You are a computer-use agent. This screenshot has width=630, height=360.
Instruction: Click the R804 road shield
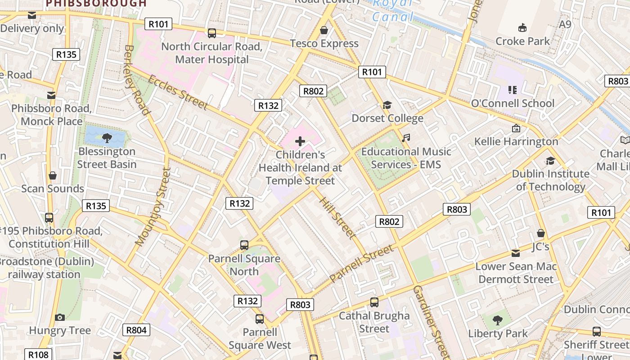coord(136,330)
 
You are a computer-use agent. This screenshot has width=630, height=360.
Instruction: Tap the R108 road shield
coord(38,355)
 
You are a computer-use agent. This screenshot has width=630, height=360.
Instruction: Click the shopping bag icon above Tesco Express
coord(324,31)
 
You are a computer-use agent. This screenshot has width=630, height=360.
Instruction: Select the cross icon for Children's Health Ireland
coord(300,142)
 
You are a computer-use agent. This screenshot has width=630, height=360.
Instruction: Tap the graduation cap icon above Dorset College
coord(387,105)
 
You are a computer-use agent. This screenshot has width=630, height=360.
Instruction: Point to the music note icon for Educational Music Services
coord(406,138)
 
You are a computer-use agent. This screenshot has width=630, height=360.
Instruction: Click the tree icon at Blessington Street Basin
coord(107,138)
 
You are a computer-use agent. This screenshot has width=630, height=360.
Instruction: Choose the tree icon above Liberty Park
coord(497,320)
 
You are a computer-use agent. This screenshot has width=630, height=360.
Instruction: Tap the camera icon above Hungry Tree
coord(60,317)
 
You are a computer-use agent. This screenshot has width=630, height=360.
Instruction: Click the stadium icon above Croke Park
coord(522,28)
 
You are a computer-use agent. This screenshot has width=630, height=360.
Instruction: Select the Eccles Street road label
coord(178,92)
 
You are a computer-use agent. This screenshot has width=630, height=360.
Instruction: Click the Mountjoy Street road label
coord(153,207)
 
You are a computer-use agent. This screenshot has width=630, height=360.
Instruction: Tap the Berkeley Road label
coord(136,80)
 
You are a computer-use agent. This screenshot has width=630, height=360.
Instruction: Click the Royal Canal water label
coord(393,10)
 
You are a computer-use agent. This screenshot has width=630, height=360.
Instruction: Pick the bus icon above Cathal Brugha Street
coord(374,302)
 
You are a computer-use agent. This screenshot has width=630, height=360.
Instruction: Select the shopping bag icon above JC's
coord(541,233)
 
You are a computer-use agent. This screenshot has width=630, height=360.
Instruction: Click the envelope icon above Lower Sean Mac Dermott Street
coord(516,253)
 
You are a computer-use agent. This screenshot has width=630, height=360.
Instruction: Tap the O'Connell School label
coord(513,103)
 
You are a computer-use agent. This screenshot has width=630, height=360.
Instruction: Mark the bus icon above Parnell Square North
coord(244,245)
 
